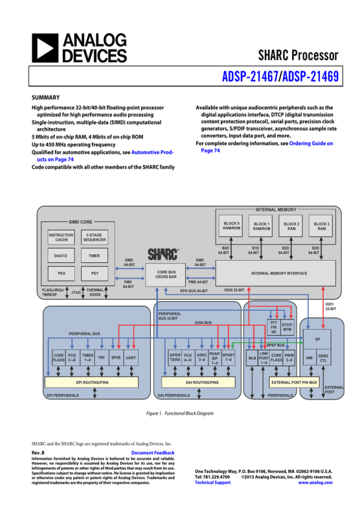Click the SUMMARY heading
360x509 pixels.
pyautogui.click(x=45, y=97)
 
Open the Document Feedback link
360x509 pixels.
pyautogui.click(x=152, y=453)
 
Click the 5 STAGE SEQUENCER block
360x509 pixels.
pyautogui.click(x=95, y=237)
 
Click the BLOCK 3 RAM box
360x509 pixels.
pyautogui.click(x=321, y=226)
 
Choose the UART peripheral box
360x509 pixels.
pyautogui.click(x=131, y=358)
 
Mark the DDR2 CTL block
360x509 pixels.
pyautogui.click(x=323, y=358)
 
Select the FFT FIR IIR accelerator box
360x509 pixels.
pyautogui.click(x=273, y=327)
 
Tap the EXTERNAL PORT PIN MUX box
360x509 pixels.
pyautogui.click(x=294, y=383)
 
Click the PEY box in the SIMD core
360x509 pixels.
pyautogui.click(x=95, y=274)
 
